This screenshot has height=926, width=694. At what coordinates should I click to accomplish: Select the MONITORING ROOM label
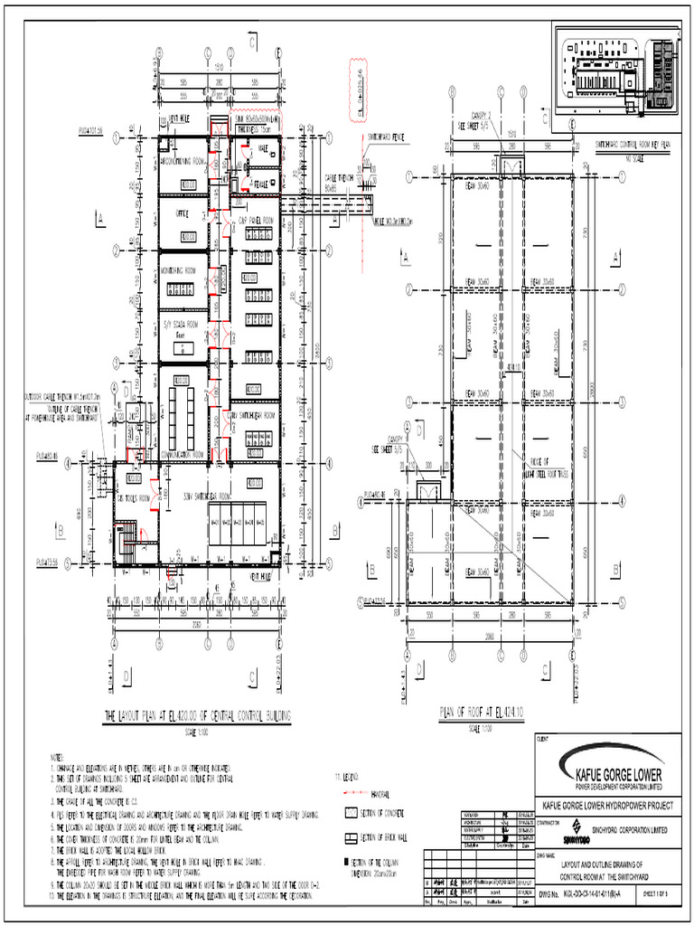click(184, 269)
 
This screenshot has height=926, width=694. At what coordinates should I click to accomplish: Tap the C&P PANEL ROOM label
click(256, 219)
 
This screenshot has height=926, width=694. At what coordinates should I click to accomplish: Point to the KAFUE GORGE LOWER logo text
click(614, 775)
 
